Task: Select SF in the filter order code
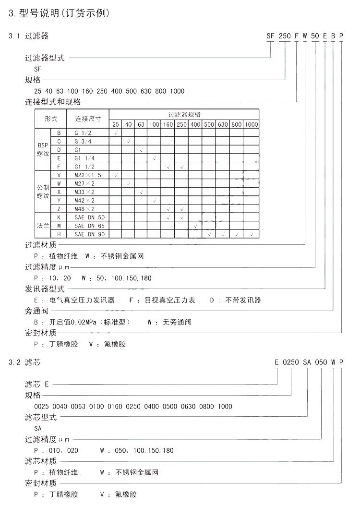coord(272,36)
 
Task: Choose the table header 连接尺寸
coord(87,119)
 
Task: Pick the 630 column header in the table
coord(223,125)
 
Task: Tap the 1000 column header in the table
coord(252,125)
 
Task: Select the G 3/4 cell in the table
coord(83,141)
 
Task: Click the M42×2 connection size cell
coord(84,200)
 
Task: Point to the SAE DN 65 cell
coord(89,226)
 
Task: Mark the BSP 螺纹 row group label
coord(43,149)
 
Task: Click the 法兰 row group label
coord(43,226)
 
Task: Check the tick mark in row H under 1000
coord(252,234)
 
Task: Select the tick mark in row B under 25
coord(116,133)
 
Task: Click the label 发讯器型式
coord(44,289)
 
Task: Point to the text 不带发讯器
coord(243,300)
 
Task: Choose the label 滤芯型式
coord(41,417)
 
